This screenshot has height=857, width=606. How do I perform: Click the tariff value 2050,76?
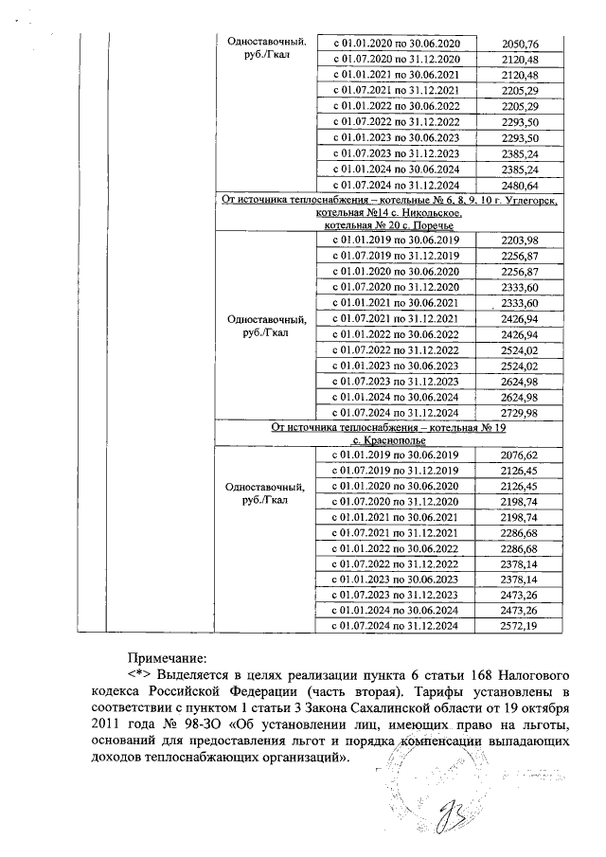click(519, 45)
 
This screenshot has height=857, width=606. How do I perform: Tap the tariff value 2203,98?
click(519, 241)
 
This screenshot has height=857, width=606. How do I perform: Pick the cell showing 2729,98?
click(519, 413)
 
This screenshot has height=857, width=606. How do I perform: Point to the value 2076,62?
click(519, 455)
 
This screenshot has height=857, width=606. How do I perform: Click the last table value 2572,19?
click(519, 627)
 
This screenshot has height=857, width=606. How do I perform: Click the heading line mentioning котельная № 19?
click(389, 428)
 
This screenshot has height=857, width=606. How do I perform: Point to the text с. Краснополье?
click(389, 441)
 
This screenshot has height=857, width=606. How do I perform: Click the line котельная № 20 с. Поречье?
click(389, 226)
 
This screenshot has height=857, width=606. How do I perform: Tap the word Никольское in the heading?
click(428, 214)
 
